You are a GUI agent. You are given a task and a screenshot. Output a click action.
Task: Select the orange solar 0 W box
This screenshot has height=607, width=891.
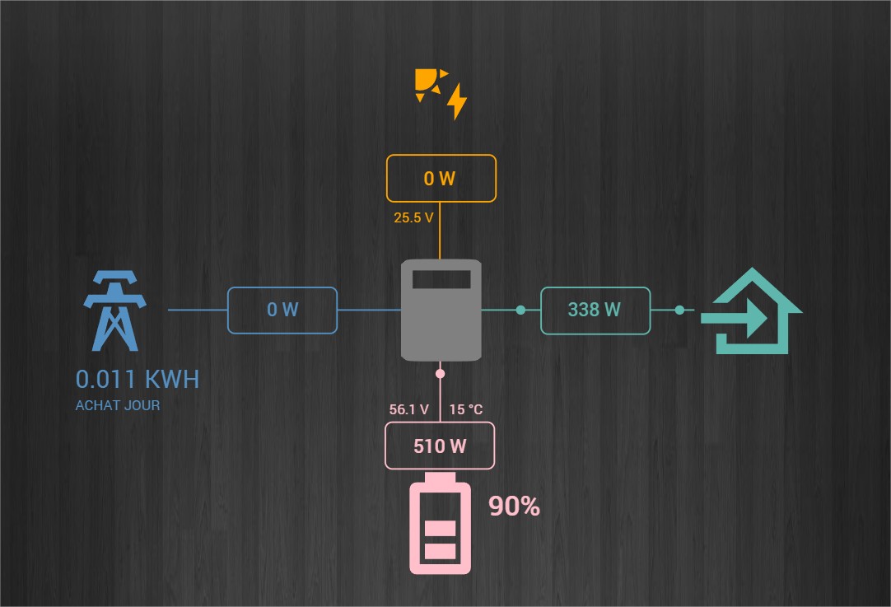coord(441,179)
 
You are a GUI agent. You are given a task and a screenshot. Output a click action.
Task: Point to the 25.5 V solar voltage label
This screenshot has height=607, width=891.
coord(413,219)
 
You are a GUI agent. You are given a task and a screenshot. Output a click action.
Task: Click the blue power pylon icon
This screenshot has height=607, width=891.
coord(114,310)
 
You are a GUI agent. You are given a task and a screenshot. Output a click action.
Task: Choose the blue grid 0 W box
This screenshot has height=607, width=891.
coord(282,311)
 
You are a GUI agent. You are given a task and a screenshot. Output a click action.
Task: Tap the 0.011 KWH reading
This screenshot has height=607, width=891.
coord(137,380)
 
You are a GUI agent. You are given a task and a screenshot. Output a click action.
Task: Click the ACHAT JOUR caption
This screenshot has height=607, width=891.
coord(118,405)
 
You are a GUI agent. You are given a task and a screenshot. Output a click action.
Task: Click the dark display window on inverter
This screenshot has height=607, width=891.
coord(441,278)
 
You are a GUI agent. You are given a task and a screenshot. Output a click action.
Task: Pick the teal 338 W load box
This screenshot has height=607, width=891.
coord(595,311)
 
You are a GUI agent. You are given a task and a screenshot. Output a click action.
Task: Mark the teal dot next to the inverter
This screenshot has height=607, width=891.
coord(520,311)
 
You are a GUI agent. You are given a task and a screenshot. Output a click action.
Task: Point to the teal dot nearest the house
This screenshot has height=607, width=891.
coord(679,311)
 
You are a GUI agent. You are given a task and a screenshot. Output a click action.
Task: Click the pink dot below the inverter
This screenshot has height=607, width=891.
coord(440,374)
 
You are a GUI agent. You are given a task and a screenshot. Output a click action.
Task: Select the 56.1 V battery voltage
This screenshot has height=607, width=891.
coord(409,409)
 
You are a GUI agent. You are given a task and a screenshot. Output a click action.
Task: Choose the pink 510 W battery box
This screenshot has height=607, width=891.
coord(440,446)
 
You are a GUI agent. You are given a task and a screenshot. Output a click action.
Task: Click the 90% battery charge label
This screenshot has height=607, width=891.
coord(515,507)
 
